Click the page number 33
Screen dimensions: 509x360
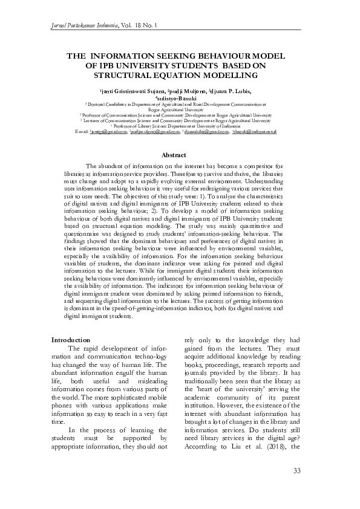(x=296, y=471)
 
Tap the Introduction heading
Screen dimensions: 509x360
(x=71, y=340)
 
